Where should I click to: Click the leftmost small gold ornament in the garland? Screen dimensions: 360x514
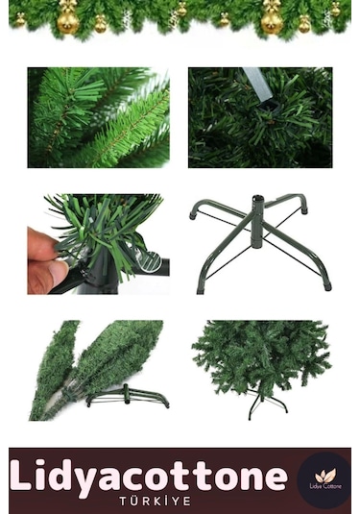[x=20, y=19]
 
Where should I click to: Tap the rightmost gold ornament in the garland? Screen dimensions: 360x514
[x=336, y=9]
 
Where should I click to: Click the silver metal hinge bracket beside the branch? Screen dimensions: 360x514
[x=151, y=261]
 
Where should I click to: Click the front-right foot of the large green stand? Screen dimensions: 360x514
[x=327, y=286]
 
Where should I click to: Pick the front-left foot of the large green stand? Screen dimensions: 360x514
[x=200, y=290]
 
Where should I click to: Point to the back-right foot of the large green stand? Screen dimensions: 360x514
[x=304, y=210]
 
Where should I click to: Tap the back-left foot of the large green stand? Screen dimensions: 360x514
[x=192, y=216]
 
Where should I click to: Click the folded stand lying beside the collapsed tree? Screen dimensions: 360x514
[x=128, y=396]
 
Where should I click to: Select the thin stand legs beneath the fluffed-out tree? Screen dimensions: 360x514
[x=267, y=404]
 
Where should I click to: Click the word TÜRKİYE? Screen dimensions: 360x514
[x=155, y=502]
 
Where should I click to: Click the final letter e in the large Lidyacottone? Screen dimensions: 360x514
[x=275, y=477]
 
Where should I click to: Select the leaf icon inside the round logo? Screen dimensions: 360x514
[x=325, y=476]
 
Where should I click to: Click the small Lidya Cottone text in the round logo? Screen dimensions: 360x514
[x=325, y=486]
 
